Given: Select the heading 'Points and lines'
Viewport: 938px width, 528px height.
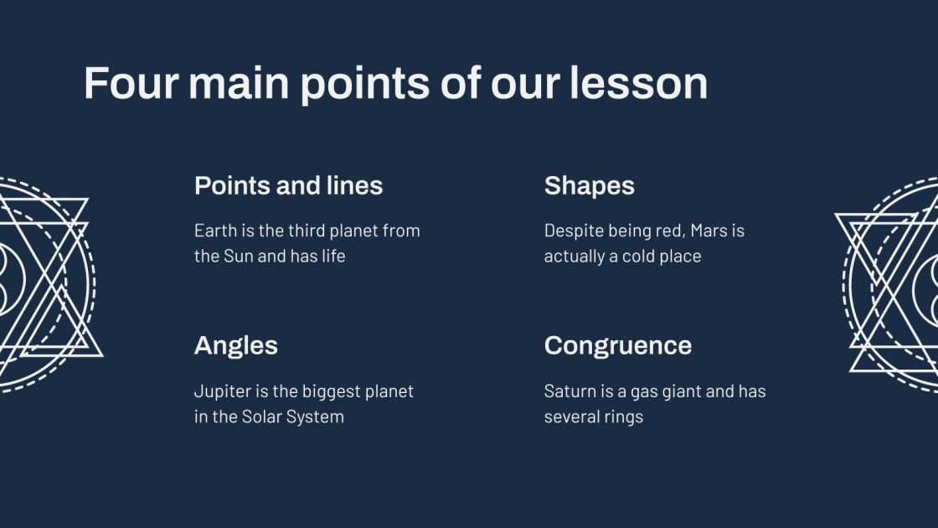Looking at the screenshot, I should click(x=288, y=185).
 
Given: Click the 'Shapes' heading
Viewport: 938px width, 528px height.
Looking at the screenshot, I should click(x=589, y=185).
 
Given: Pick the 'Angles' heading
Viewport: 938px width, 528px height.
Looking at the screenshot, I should click(x=235, y=345).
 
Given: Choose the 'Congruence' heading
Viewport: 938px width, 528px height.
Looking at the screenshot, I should click(x=617, y=345).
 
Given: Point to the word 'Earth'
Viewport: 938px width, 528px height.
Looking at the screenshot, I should click(x=214, y=230).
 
